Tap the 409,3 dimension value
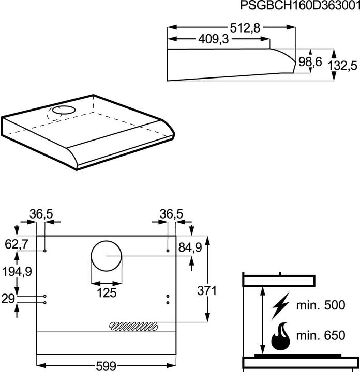213,40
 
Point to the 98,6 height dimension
311,62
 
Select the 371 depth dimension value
207,291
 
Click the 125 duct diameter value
107,293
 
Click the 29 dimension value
8,299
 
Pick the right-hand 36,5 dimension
171,213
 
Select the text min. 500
320,305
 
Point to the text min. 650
320,336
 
